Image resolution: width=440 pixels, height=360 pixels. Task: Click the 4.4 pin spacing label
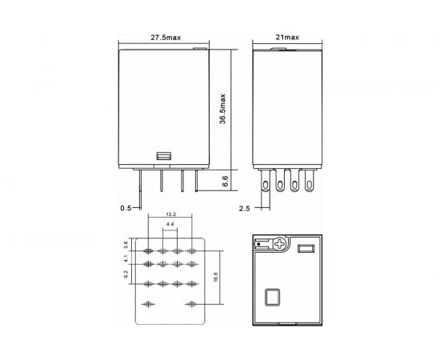point(170,226)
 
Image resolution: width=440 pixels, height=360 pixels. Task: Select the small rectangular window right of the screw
point(305,248)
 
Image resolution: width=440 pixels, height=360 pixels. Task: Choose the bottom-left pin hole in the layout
point(149,304)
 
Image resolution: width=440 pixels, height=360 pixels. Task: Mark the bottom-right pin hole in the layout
point(192,304)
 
